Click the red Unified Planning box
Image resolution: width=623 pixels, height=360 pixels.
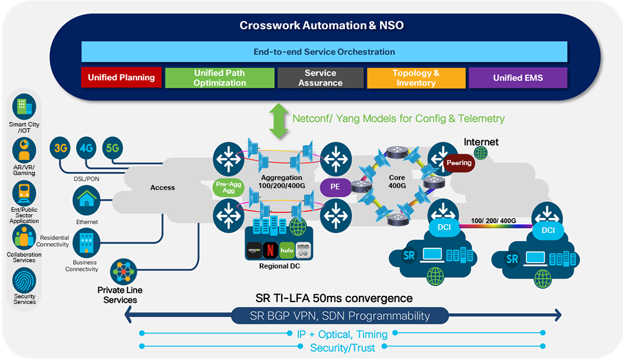(x=121, y=78)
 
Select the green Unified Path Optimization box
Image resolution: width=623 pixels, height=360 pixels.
(x=219, y=78)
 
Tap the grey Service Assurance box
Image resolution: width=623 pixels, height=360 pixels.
(x=320, y=78)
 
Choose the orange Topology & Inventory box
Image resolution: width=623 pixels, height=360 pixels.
(x=416, y=78)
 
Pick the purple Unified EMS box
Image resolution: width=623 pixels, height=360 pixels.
(x=518, y=78)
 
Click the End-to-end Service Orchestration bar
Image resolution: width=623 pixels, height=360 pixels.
(x=324, y=52)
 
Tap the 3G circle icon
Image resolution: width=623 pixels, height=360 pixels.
(x=60, y=149)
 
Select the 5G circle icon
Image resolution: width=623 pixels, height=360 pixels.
(x=113, y=149)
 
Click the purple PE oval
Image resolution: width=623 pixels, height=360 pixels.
(x=335, y=186)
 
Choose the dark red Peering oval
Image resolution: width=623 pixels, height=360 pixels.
(x=459, y=163)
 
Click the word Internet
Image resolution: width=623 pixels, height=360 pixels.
(x=481, y=142)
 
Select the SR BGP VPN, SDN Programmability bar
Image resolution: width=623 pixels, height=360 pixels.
(x=340, y=316)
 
